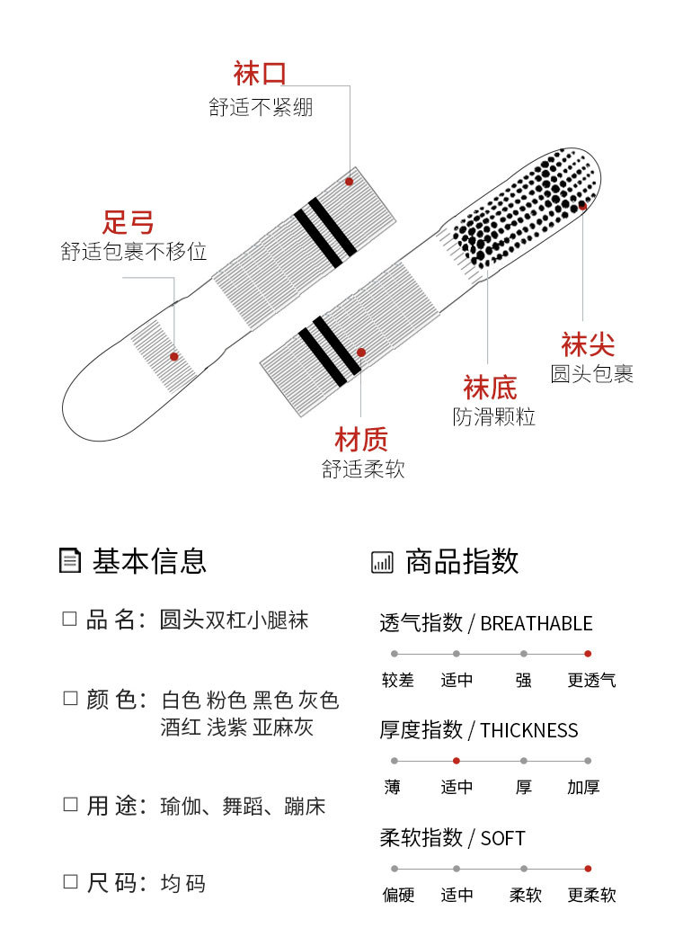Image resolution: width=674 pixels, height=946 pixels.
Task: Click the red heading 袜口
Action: (x=260, y=74)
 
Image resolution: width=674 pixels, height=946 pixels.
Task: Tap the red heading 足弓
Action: (x=129, y=221)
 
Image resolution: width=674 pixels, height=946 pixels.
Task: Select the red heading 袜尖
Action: (x=588, y=344)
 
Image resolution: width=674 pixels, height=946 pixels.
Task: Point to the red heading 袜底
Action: (x=490, y=388)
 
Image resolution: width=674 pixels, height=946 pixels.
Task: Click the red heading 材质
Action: (x=361, y=440)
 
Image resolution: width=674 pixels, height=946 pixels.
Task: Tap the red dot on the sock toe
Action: (x=582, y=206)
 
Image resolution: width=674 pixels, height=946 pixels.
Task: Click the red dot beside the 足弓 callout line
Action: (x=174, y=356)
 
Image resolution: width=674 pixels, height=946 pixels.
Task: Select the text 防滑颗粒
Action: (x=493, y=417)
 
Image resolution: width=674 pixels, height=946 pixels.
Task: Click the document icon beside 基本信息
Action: (x=69, y=560)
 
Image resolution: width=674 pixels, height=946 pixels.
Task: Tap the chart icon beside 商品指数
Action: (x=382, y=562)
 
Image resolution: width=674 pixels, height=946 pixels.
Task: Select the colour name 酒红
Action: (x=181, y=727)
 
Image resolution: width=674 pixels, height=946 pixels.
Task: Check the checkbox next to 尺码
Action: (x=69, y=882)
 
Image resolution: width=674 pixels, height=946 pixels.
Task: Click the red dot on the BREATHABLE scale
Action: (x=588, y=654)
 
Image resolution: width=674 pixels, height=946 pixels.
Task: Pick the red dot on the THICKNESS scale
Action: (x=457, y=761)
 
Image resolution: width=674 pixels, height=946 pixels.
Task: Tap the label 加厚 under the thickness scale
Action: (x=583, y=788)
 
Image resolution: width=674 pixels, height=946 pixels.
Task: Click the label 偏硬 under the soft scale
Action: (x=398, y=895)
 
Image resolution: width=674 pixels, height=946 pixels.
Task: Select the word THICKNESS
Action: (x=529, y=730)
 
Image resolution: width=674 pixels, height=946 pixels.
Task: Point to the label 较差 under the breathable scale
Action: (x=398, y=681)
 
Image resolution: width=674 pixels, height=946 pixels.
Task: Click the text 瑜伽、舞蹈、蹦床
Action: (x=243, y=806)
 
